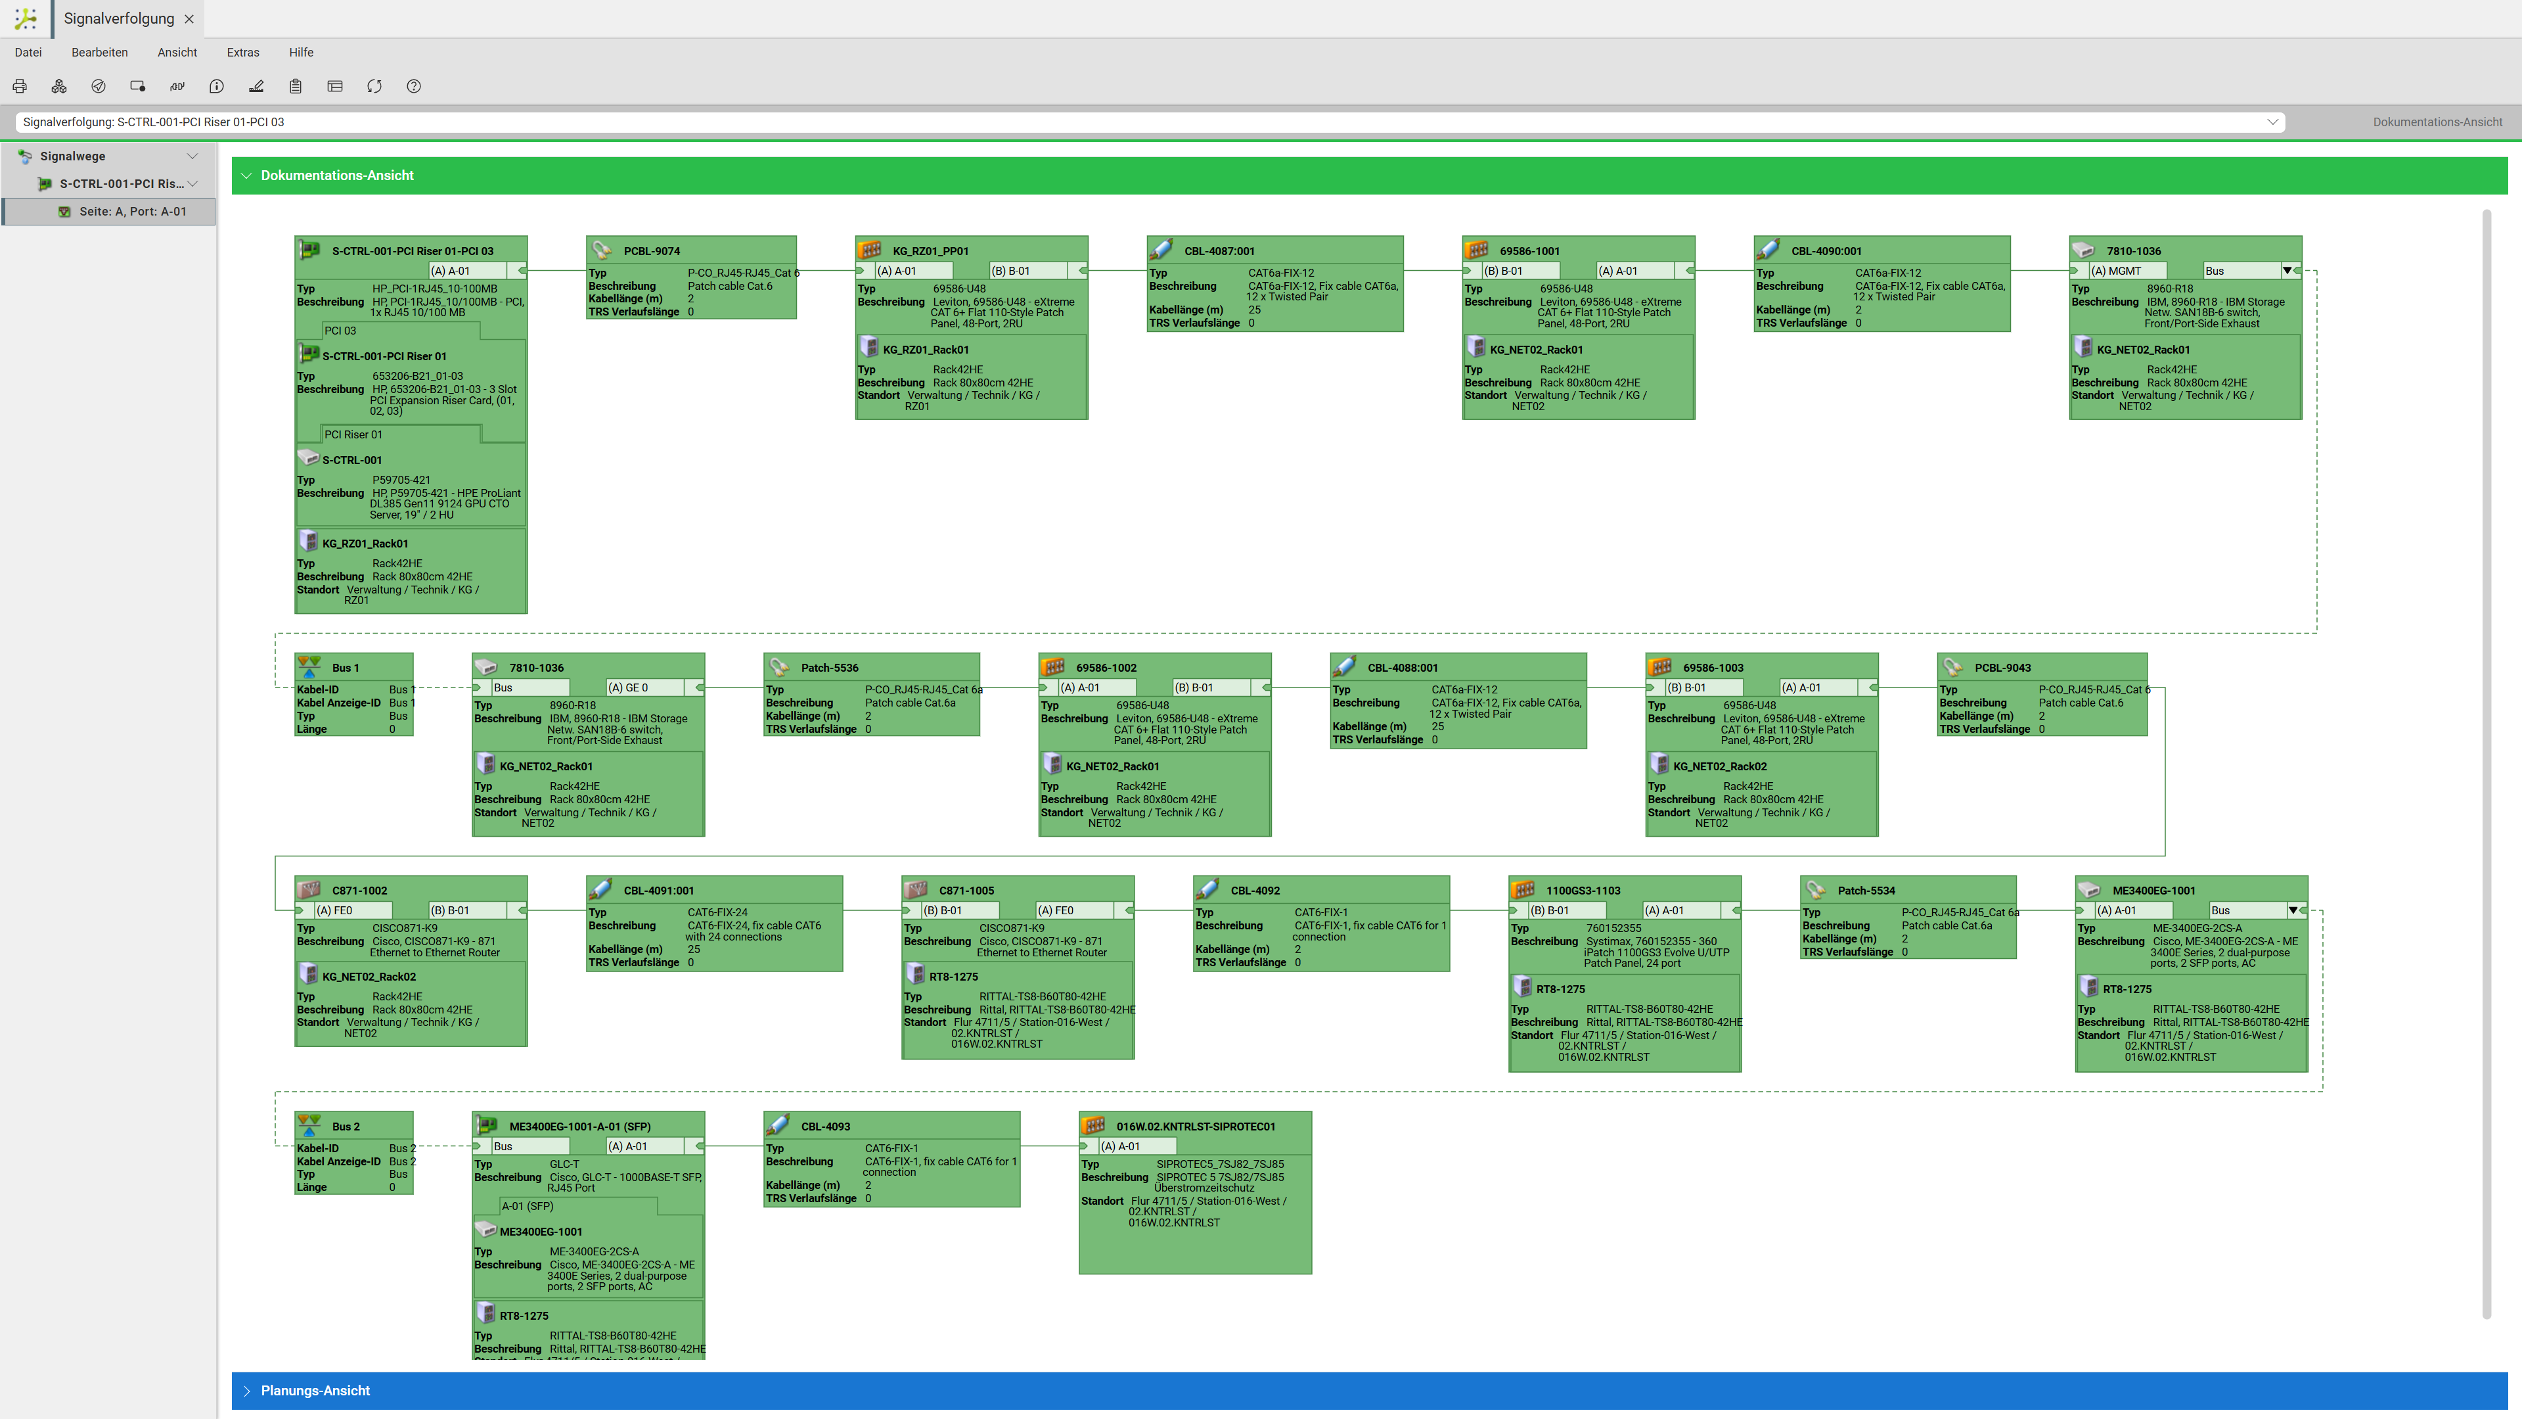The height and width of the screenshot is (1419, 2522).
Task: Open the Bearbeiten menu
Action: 99,52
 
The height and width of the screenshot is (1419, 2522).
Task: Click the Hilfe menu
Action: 301,52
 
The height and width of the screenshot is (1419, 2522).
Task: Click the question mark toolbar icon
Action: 414,86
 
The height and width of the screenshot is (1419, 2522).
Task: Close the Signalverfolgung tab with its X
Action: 189,18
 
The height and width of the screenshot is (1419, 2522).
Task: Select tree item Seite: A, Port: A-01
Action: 132,212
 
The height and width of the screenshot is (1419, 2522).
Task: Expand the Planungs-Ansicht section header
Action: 315,1391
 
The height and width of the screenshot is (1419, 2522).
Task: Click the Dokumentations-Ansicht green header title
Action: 337,175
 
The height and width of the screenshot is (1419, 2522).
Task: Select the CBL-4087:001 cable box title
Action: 1219,250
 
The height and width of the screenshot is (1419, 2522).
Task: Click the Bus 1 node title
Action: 346,668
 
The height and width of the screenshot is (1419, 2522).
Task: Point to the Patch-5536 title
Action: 829,668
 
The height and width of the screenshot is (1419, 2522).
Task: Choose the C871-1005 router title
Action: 966,890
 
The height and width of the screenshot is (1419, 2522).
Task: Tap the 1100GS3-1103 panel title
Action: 1583,890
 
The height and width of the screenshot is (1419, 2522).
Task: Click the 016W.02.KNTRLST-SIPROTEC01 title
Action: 1196,1126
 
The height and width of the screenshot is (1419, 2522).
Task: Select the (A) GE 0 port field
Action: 644,687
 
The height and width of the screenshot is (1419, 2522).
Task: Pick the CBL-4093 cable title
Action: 825,1126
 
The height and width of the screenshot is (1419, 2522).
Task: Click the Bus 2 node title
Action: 346,1126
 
